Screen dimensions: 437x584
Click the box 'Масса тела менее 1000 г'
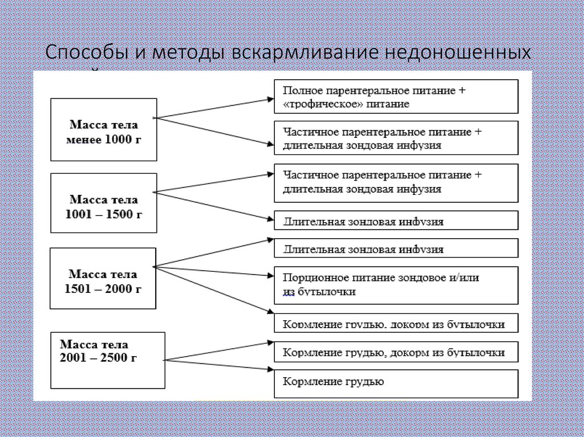tap(103, 130)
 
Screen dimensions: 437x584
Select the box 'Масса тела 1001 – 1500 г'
tap(103, 203)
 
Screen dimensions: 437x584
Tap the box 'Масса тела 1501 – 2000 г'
tap(103, 278)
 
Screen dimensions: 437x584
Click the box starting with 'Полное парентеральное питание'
tap(396, 97)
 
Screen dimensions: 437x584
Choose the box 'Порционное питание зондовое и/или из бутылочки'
tap(396, 284)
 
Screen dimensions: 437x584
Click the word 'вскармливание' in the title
tap(301, 53)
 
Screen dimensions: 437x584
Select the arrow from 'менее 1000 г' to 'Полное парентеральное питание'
tap(214, 108)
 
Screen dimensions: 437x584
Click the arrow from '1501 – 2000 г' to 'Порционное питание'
tap(214, 271)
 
